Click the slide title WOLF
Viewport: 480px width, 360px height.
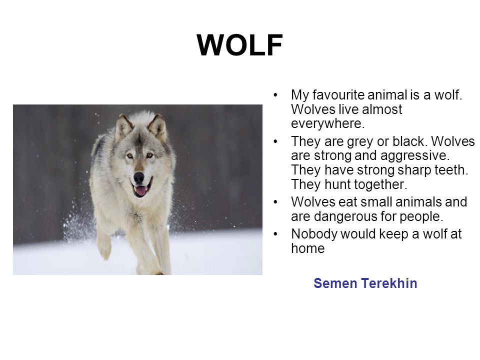[239, 45]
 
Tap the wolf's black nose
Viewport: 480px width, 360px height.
[138, 177]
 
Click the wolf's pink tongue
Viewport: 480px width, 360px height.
[141, 190]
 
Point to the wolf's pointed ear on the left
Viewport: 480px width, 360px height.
[123, 125]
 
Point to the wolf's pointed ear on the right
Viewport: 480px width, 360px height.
[157, 126]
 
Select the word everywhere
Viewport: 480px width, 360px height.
[328, 124]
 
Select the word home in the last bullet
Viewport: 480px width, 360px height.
[307, 248]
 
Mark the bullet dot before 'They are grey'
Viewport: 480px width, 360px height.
[275, 141]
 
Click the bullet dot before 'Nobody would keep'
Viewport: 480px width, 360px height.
[275, 234]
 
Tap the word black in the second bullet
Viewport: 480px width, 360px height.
[409, 141]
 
